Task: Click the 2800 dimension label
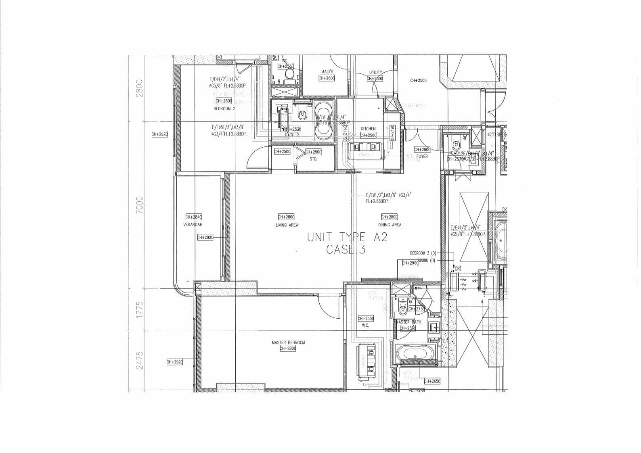[140, 88]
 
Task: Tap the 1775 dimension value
[140, 309]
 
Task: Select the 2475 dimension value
[140, 360]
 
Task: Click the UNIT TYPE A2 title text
[347, 237]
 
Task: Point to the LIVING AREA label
[287, 225]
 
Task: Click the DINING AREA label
[390, 225]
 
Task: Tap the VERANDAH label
[193, 224]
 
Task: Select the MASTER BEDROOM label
[288, 342]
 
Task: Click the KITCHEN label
[368, 129]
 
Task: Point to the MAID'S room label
[327, 72]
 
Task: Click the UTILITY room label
[375, 73]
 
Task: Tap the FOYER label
[422, 157]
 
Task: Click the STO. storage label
[313, 159]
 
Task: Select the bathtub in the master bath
[415, 354]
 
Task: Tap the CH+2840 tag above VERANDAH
[193, 217]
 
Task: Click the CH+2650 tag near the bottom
[432, 381]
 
